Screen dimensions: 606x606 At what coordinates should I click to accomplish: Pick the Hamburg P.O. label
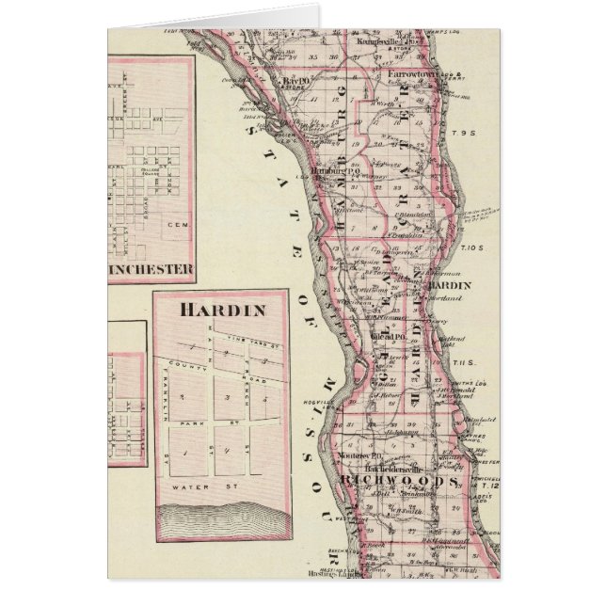point(337,171)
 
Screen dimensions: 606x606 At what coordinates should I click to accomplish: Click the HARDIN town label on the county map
point(443,284)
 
